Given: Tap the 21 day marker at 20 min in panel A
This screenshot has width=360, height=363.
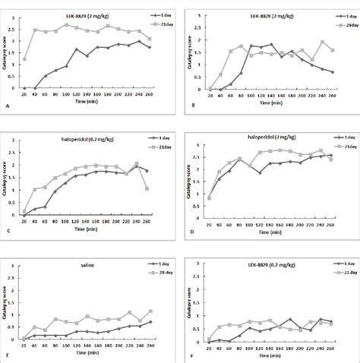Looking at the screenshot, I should pos(25,58).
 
